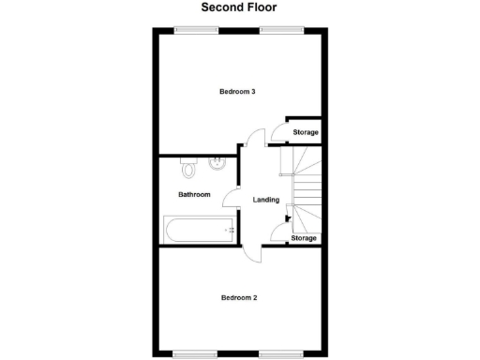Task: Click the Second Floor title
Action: [239, 7]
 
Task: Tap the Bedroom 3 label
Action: [238, 92]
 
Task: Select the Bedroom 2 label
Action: [239, 297]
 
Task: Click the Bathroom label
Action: [194, 195]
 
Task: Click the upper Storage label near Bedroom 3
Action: [305, 132]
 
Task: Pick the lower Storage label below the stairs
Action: [304, 238]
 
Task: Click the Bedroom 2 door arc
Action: [252, 253]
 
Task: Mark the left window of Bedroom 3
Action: [192, 29]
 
